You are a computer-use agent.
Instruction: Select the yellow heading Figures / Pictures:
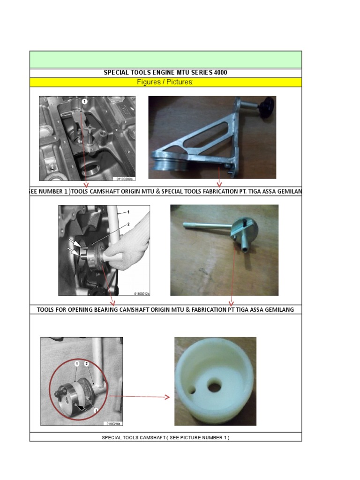click(x=165, y=82)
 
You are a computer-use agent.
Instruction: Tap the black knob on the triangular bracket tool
click(x=268, y=103)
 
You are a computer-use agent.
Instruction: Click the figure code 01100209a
click(x=125, y=179)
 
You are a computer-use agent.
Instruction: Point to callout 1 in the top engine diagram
click(x=85, y=101)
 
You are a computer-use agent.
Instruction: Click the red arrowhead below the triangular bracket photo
click(x=219, y=184)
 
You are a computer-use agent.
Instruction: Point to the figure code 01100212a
click(x=142, y=293)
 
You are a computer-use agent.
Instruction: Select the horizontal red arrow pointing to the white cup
click(x=141, y=397)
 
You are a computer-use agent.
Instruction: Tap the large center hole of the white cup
click(x=215, y=387)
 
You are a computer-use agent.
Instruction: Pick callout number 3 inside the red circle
click(x=96, y=410)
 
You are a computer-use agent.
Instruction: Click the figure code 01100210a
click(x=113, y=423)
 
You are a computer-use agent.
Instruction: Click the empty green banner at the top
click(x=165, y=60)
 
